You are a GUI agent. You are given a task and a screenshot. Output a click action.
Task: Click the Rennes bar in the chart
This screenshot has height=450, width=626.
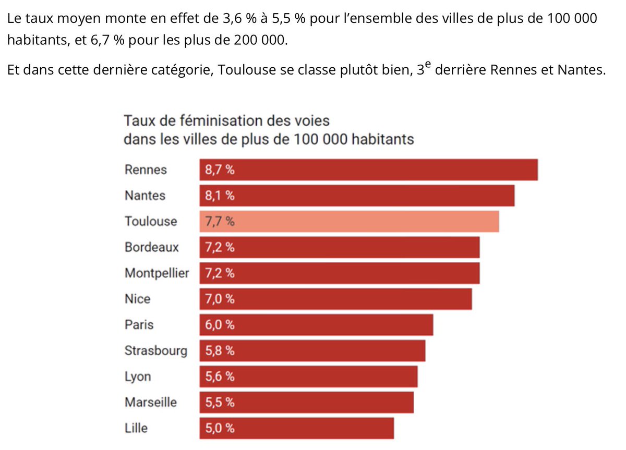368,170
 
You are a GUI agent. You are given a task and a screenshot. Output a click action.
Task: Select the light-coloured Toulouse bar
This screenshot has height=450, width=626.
349,222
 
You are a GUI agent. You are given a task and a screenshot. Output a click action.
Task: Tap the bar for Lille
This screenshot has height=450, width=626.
296,429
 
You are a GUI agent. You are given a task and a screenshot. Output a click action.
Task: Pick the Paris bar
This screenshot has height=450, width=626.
316,325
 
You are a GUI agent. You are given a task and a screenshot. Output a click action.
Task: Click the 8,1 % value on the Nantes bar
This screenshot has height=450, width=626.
220,196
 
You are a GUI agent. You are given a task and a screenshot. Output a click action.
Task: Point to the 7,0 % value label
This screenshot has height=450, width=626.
220,299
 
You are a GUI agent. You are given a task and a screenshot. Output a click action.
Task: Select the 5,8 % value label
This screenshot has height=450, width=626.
220,351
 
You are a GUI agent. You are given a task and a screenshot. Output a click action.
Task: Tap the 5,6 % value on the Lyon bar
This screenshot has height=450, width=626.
220,377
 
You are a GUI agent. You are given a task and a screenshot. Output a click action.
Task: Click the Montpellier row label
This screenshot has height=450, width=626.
156,273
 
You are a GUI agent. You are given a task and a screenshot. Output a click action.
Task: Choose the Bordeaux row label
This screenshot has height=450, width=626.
151,247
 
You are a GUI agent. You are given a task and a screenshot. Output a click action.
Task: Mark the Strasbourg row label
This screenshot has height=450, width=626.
155,351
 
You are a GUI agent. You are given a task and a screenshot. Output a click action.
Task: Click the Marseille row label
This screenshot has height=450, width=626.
150,403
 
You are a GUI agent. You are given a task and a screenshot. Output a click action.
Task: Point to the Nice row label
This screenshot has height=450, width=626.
137,299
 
